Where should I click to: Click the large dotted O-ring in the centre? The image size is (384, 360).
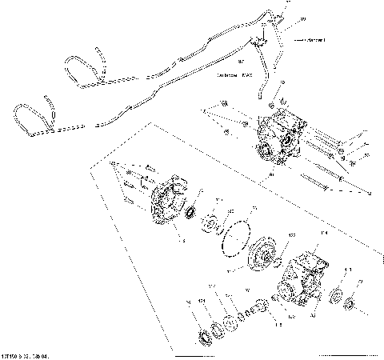(x=237, y=237)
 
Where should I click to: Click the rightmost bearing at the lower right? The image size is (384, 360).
(x=350, y=304)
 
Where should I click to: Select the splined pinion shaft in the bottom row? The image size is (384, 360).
(x=254, y=310)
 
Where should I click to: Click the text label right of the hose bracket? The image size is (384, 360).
(x=310, y=39)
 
